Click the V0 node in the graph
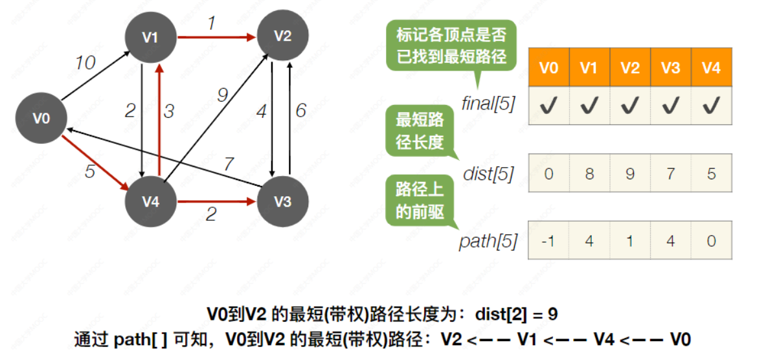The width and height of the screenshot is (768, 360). coord(41,118)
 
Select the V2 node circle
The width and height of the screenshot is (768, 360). coord(282,36)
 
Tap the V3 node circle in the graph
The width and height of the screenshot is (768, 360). coord(282,201)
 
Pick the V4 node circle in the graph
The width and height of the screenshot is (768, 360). coord(150,201)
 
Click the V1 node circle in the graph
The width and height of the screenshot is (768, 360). coord(150,38)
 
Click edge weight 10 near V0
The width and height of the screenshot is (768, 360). coord(84,63)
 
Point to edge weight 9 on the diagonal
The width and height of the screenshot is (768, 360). coord(223,96)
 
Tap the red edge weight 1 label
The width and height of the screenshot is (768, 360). coord(211,23)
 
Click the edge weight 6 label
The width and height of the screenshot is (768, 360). coord(301,111)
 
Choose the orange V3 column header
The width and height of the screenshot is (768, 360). coord(670,67)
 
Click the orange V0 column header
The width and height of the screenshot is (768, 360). coord(548,67)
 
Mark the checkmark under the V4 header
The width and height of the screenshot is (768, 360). coord(711,105)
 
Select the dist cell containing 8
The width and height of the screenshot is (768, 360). coord(589,174)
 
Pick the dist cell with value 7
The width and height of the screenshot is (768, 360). coord(670,174)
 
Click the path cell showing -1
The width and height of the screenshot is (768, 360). coord(548,241)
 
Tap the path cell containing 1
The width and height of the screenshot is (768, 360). coord(629,241)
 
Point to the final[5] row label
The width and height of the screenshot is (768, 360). coord(488,103)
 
